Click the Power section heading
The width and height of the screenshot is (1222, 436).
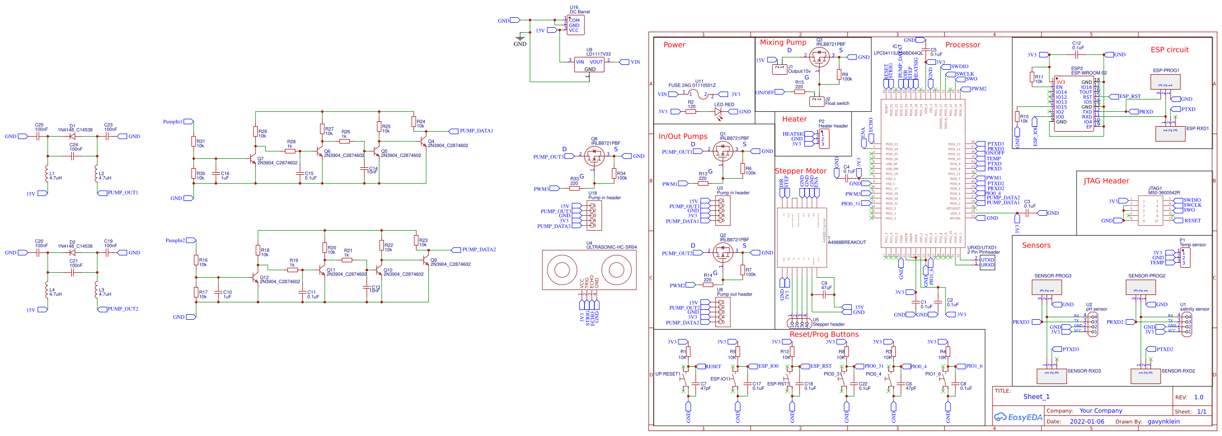[x=674, y=45]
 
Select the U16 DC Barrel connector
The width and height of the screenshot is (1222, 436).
[x=575, y=25]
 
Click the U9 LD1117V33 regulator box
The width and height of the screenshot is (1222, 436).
[x=589, y=65]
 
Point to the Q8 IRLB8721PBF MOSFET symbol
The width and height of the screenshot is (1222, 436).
[x=594, y=156]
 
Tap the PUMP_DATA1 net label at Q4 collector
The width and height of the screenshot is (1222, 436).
[x=476, y=131]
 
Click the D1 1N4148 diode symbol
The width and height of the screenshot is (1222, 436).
[x=72, y=136]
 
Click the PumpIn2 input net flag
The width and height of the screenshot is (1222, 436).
[x=190, y=241]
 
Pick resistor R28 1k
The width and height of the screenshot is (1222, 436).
[x=290, y=150]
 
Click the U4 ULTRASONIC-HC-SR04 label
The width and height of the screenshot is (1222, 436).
[x=611, y=247]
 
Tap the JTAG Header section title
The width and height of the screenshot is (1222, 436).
[x=1106, y=181]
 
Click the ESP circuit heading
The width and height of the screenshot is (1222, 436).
[x=1169, y=50]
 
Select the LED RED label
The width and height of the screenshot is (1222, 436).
[x=724, y=105]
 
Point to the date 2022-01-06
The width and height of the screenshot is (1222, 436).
[x=1086, y=422]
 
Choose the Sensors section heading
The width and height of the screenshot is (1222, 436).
[x=1036, y=245]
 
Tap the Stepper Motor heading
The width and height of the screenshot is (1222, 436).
[x=800, y=171]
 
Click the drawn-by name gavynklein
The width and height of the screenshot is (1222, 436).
[x=1163, y=422]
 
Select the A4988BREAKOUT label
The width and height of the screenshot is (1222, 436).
[x=847, y=242]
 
